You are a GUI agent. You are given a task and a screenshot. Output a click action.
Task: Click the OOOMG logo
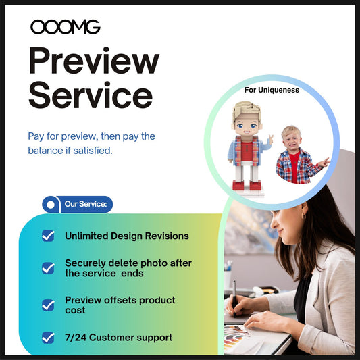(x=65, y=27)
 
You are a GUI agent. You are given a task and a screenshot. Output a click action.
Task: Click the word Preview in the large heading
(x=93, y=63)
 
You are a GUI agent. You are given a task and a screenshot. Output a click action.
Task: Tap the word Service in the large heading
(x=90, y=96)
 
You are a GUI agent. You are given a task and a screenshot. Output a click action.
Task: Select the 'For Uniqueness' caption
(x=272, y=90)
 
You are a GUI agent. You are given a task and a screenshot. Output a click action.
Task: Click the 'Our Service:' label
(x=84, y=203)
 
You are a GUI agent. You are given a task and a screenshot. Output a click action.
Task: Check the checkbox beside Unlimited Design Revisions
(x=48, y=236)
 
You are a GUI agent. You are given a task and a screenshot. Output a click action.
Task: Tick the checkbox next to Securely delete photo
(x=48, y=267)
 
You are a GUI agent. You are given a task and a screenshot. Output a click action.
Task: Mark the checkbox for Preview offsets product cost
(x=48, y=305)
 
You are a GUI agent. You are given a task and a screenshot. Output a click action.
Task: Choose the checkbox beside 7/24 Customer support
(x=48, y=337)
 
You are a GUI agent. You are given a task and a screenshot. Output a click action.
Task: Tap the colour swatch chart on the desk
(x=238, y=336)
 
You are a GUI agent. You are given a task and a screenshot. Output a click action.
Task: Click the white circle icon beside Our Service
(x=50, y=203)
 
